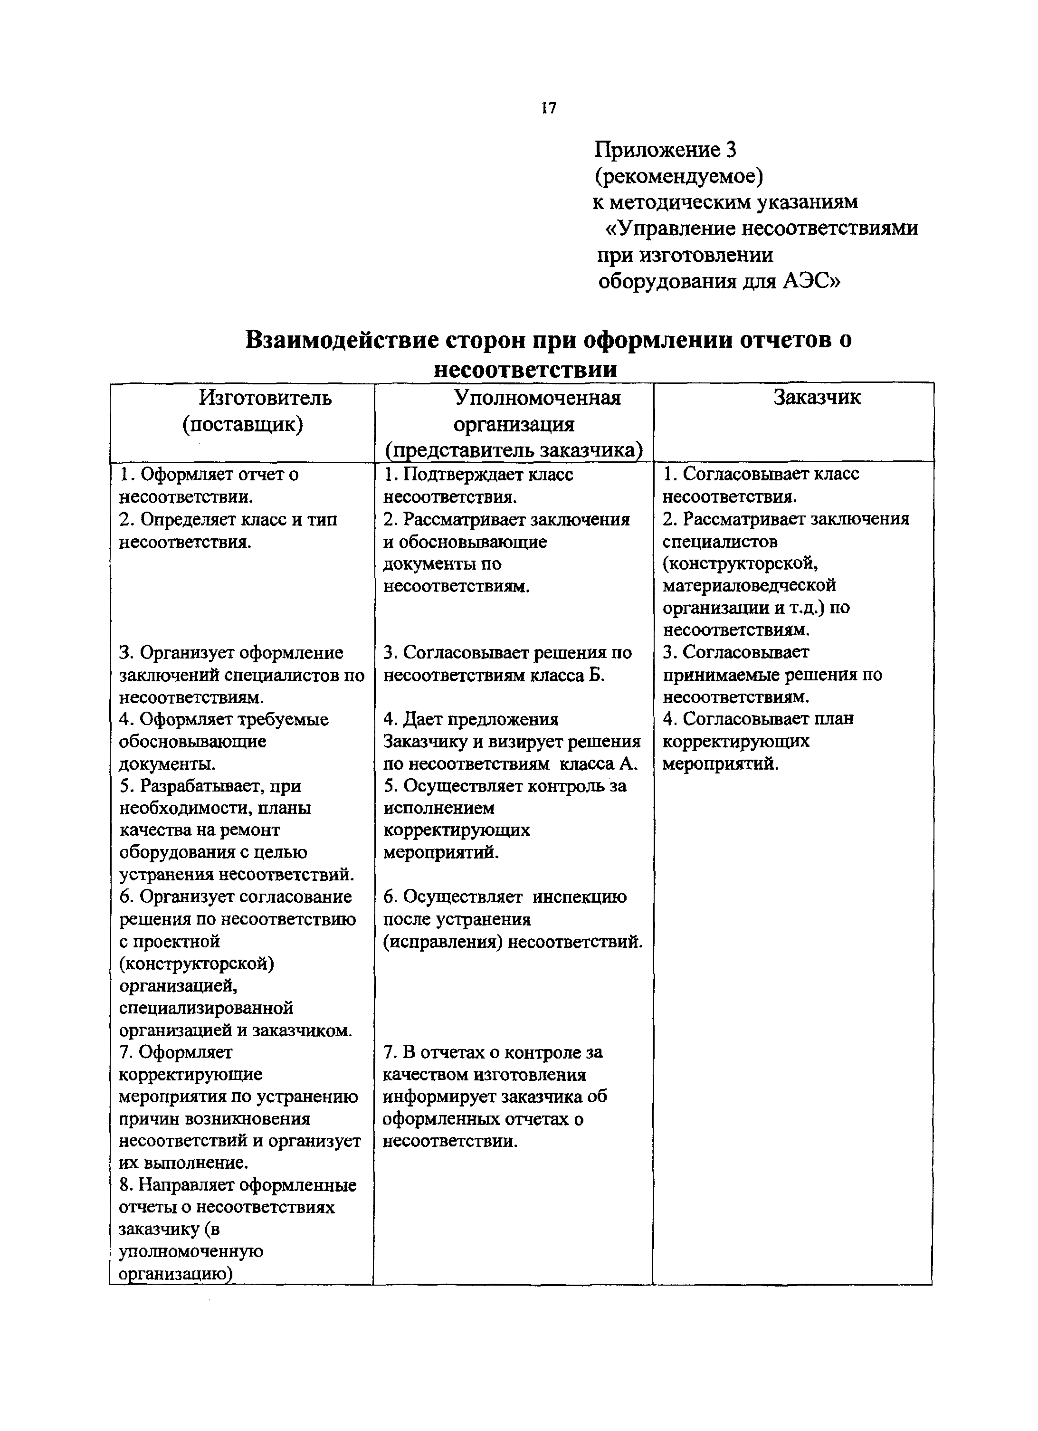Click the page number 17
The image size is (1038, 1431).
click(x=548, y=108)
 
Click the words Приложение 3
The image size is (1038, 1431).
click(x=665, y=150)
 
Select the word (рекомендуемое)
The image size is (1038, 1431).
click(x=678, y=176)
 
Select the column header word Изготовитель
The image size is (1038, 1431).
click(x=265, y=398)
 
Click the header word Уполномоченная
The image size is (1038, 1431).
click(x=538, y=398)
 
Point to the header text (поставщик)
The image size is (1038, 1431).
click(x=243, y=424)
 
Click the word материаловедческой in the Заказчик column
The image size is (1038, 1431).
click(x=749, y=585)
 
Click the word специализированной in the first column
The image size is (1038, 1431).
click(x=206, y=1008)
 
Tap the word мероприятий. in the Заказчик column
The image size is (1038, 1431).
click(x=721, y=763)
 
